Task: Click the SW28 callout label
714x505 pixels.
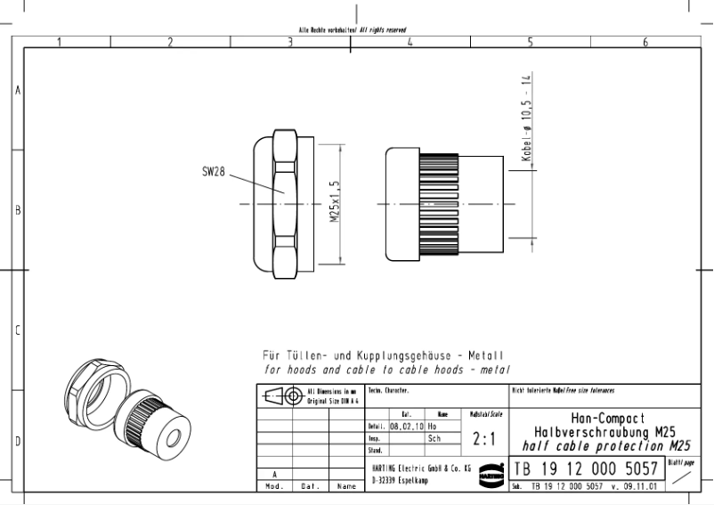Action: [212, 171]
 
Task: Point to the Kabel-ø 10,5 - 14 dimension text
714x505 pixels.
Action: [524, 117]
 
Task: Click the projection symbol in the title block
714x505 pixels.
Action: [284, 395]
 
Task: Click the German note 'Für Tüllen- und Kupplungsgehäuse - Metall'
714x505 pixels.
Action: [377, 355]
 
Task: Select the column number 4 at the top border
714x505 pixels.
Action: [409, 42]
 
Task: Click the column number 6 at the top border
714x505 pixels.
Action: [645, 42]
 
